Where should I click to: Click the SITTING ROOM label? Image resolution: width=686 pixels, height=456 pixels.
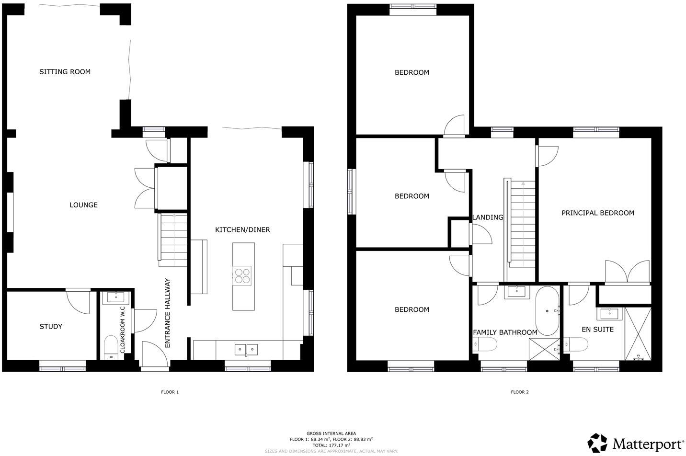coord(65,72)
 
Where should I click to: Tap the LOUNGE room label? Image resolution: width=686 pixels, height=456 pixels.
coord(83,205)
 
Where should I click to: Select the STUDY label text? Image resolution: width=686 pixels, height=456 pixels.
coord(51,327)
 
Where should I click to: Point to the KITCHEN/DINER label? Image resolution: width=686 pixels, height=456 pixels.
coord(242,230)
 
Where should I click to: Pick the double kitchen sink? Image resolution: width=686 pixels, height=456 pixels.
coord(246,350)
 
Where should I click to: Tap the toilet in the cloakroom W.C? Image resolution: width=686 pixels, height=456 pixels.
coord(111,346)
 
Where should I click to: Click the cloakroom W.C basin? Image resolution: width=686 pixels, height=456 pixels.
coord(116,297)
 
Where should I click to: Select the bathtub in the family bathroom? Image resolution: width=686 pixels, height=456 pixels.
coord(547,311)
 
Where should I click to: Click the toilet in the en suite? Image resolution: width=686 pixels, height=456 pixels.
coord(576,345)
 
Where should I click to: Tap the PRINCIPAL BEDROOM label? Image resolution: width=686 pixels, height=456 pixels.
coord(598,213)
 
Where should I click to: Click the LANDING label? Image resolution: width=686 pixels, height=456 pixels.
coord(488,217)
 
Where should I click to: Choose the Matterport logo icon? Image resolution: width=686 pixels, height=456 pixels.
coord(597,443)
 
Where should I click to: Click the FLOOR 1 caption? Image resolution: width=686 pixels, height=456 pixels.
coord(170,392)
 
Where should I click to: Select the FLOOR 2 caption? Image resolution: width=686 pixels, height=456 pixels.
coord(520,392)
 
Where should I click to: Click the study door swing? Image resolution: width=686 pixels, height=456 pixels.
coord(78,302)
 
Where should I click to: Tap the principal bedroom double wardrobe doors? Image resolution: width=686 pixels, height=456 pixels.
coord(627,272)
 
